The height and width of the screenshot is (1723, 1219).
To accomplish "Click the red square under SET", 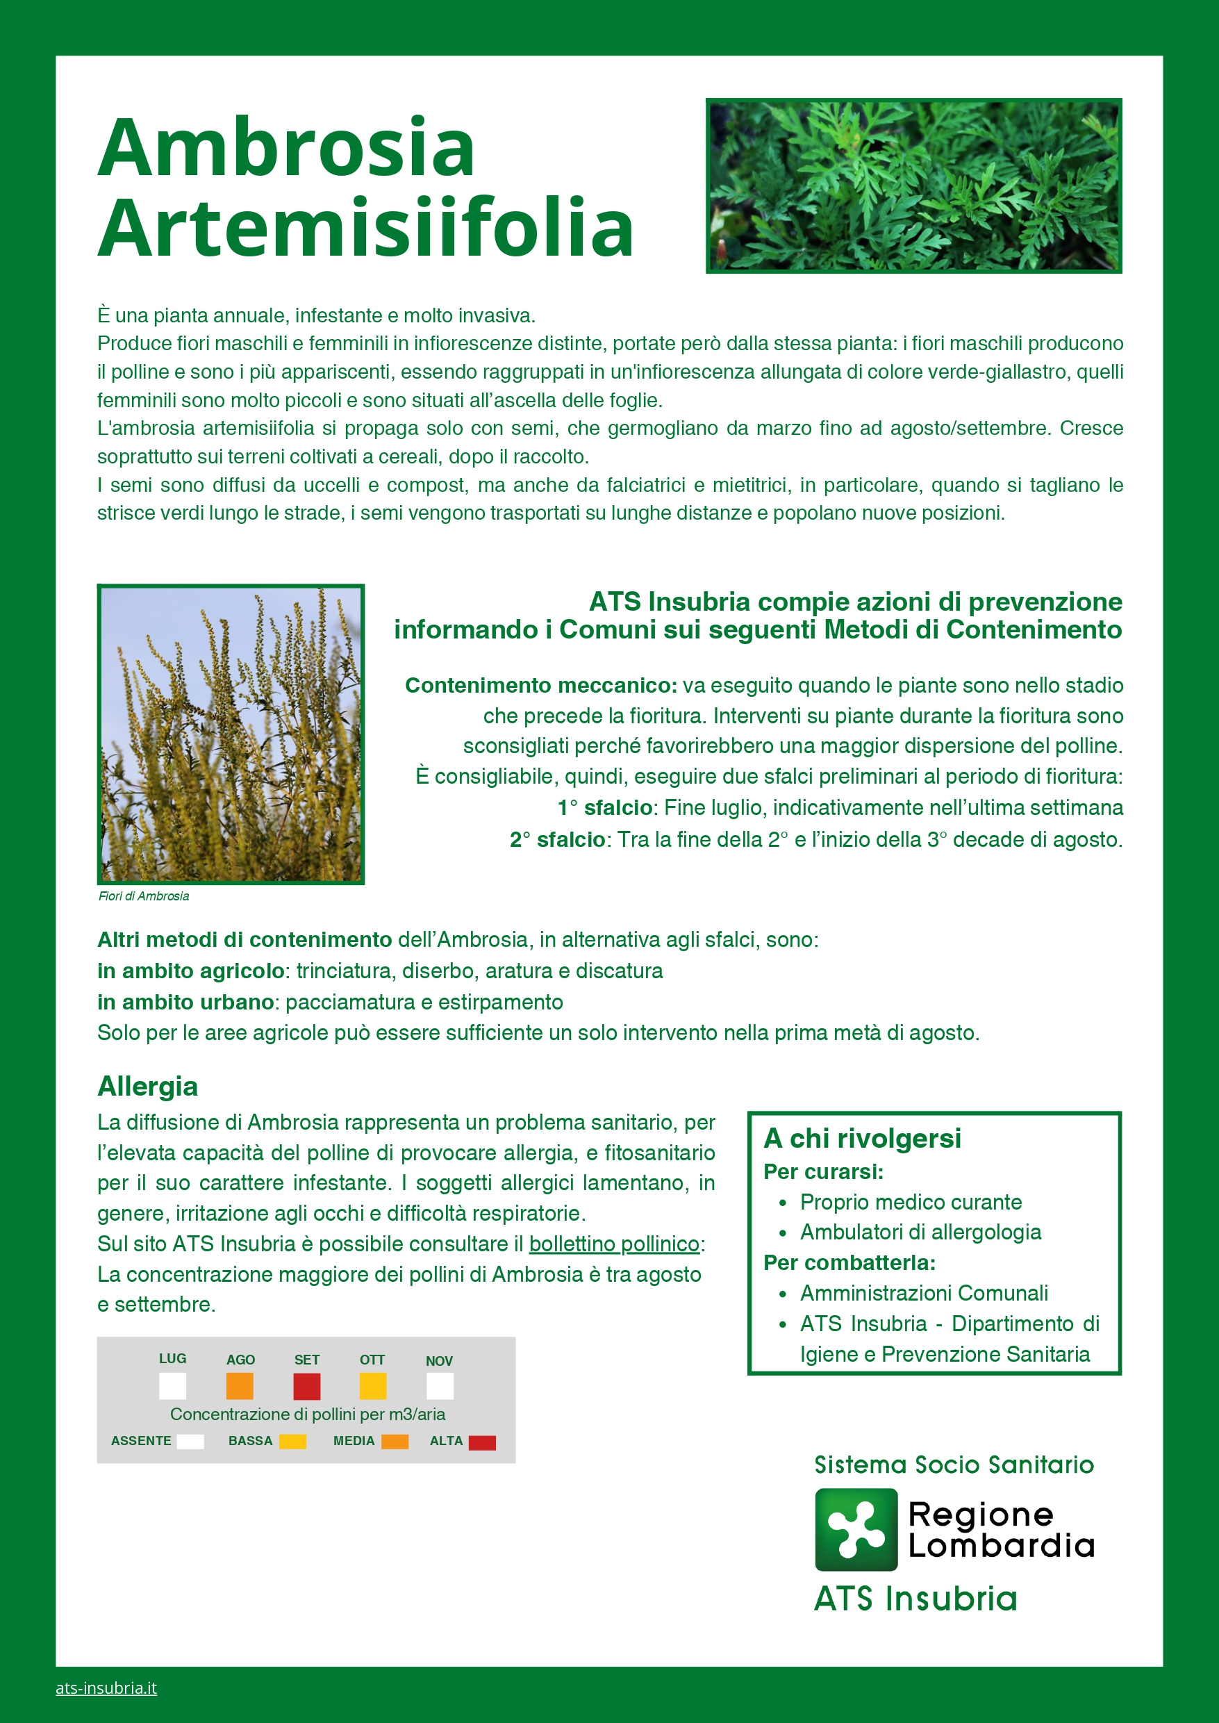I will (306, 1386).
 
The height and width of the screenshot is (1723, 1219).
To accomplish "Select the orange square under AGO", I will (240, 1386).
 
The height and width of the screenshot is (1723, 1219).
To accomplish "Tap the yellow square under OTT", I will (372, 1386).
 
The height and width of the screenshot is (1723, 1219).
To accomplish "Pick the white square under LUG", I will (173, 1386).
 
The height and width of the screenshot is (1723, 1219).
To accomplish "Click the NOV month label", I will (439, 1361).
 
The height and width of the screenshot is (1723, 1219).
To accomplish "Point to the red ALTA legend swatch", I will (482, 1442).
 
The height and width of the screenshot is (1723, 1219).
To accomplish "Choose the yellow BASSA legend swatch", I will (292, 1442).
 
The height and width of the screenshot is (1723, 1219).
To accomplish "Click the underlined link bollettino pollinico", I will (614, 1244).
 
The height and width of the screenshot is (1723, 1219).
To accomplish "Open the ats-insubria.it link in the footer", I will (106, 1688).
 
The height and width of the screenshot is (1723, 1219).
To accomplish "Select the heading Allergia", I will (148, 1087).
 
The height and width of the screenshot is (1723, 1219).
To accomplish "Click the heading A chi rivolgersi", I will (862, 1138).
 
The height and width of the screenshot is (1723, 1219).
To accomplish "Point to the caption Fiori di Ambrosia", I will (143, 896).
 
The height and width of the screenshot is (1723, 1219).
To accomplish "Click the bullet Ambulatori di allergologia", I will (920, 1232).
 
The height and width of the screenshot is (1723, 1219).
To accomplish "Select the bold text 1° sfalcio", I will (604, 808).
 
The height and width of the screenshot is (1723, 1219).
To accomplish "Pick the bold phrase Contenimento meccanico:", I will (540, 686).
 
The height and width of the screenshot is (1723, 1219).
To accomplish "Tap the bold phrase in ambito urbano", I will (185, 1003).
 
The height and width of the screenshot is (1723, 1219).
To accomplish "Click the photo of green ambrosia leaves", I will (913, 186).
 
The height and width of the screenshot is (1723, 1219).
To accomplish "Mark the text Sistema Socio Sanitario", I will (954, 1465).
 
